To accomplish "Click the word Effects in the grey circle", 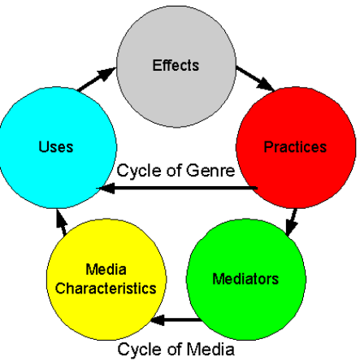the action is point(176,65).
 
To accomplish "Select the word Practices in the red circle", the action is point(295,147).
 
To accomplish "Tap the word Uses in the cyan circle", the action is point(56,147).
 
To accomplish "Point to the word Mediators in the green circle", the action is point(245,279).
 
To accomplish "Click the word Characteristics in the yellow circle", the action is point(106,288).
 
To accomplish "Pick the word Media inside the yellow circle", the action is point(106,269).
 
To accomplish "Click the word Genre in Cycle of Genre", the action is point(210,171).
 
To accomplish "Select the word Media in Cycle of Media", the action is point(210,349).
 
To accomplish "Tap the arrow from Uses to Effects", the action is point(97,79).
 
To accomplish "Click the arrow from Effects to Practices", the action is point(255,79).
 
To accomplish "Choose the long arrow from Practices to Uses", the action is point(177,188).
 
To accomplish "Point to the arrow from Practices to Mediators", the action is point(292,222).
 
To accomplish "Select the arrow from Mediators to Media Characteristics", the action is point(176,320).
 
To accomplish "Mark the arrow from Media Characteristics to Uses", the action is point(62,223).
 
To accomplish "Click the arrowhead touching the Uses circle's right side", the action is point(106,188).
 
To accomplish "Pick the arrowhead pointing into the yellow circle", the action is point(158,320).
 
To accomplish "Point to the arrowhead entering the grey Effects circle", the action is point(107,73).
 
